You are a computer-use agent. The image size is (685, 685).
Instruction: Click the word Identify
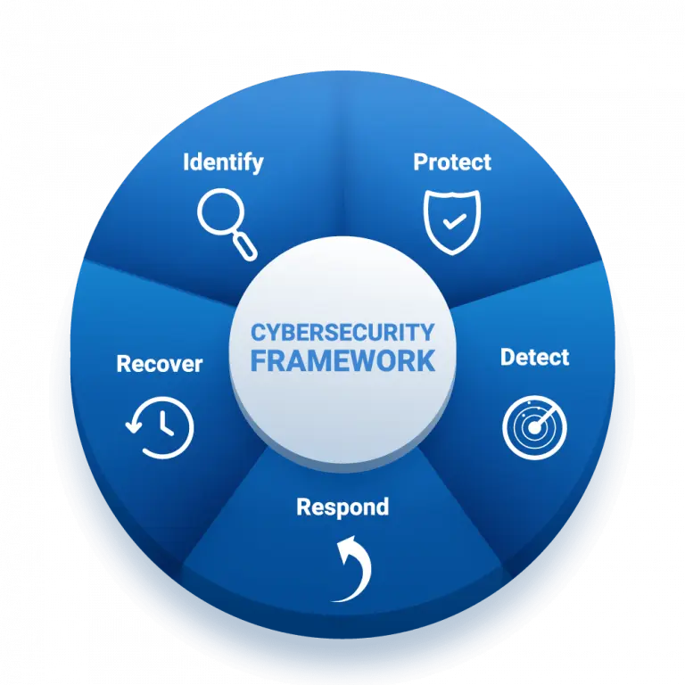(223, 162)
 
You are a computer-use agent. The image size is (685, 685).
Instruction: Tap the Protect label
(452, 162)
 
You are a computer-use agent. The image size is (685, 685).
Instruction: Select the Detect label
(535, 358)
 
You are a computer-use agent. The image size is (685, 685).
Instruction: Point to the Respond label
(342, 508)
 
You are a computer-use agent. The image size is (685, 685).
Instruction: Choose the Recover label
(160, 364)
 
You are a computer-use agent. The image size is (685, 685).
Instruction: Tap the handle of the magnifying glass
(244, 247)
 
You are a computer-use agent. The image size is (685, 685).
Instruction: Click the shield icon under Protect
(452, 222)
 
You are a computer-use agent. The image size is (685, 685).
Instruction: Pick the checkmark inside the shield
(455, 221)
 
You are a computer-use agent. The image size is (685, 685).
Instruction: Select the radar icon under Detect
(535, 428)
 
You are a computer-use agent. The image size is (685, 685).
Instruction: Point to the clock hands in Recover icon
(165, 425)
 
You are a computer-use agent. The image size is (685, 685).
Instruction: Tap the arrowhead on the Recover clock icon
(134, 425)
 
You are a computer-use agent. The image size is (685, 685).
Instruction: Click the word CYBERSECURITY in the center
(342, 333)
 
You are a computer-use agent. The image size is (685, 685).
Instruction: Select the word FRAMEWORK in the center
(342, 361)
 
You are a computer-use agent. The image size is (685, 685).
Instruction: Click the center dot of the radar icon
(534, 428)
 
